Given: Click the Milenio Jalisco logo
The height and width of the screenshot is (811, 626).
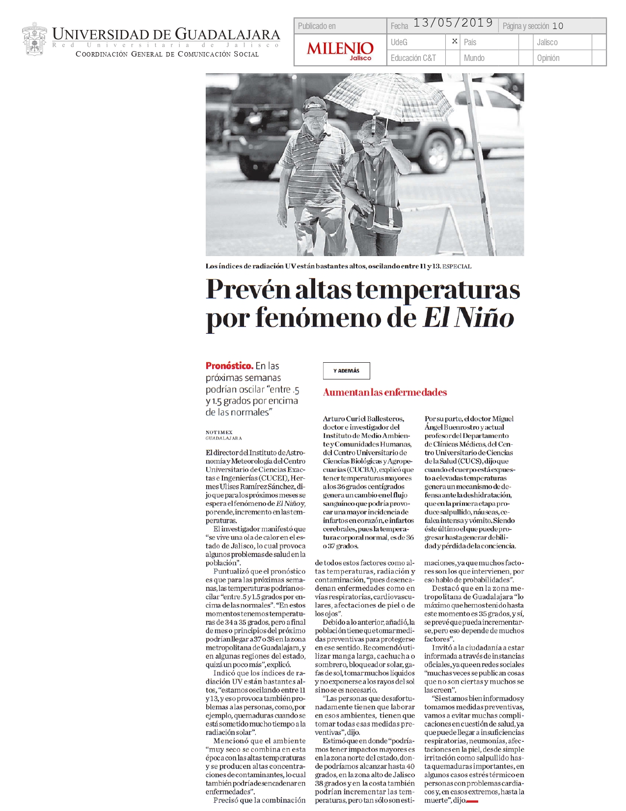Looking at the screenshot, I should [x=340, y=50].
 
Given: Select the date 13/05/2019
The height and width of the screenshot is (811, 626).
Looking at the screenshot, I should [x=453, y=23].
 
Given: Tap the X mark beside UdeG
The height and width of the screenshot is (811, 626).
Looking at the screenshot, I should [x=455, y=41].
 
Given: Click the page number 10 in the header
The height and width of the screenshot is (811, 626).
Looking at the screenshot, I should [x=557, y=26].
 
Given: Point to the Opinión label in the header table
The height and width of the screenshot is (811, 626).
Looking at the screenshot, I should [x=548, y=58].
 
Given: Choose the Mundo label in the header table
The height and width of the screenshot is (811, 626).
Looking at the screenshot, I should [x=474, y=58].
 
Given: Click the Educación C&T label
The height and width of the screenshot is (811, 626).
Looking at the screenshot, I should [x=413, y=58].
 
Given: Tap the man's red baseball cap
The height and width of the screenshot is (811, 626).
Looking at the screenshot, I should [x=314, y=105].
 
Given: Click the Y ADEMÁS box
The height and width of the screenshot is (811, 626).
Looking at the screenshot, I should [x=346, y=371].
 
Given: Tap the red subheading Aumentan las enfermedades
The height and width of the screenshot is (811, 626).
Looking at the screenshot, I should [x=384, y=392].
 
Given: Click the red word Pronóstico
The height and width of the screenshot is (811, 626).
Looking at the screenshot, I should [x=229, y=366].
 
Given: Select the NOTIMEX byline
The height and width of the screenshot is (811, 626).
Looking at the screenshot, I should [x=219, y=432].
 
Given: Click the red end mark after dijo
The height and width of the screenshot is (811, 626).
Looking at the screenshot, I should [x=472, y=801].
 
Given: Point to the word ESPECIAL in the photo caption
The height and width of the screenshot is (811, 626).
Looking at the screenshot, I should [x=457, y=266].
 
